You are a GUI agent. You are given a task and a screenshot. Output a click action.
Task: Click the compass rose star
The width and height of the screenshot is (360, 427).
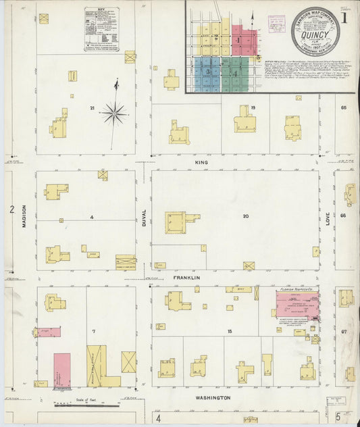tap(113, 113)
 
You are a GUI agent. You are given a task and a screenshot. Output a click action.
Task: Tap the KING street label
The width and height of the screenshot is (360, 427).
tap(200, 163)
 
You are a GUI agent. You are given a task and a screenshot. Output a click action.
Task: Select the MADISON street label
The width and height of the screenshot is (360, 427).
tap(24, 216)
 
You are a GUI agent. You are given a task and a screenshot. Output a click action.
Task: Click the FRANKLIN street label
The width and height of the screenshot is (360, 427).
tap(186, 278)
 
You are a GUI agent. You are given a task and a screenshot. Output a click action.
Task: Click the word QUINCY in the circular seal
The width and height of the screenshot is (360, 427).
tap(315, 34)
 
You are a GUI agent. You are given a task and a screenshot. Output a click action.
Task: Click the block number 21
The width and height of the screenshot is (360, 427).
tap(91, 108)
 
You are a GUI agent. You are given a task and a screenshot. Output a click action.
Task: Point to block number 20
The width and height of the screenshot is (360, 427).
tap(245, 216)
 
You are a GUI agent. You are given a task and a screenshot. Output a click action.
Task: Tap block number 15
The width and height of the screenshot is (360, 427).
tap(230, 331)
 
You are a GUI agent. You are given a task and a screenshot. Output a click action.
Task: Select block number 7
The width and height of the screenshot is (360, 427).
tap(94, 331)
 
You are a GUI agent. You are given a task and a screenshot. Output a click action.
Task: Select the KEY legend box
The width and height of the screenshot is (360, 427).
tap(101, 29)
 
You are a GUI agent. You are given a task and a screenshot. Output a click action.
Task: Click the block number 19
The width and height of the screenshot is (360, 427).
tap(253, 108)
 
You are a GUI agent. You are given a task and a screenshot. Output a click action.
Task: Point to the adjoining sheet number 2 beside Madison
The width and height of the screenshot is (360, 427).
tap(11, 209)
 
